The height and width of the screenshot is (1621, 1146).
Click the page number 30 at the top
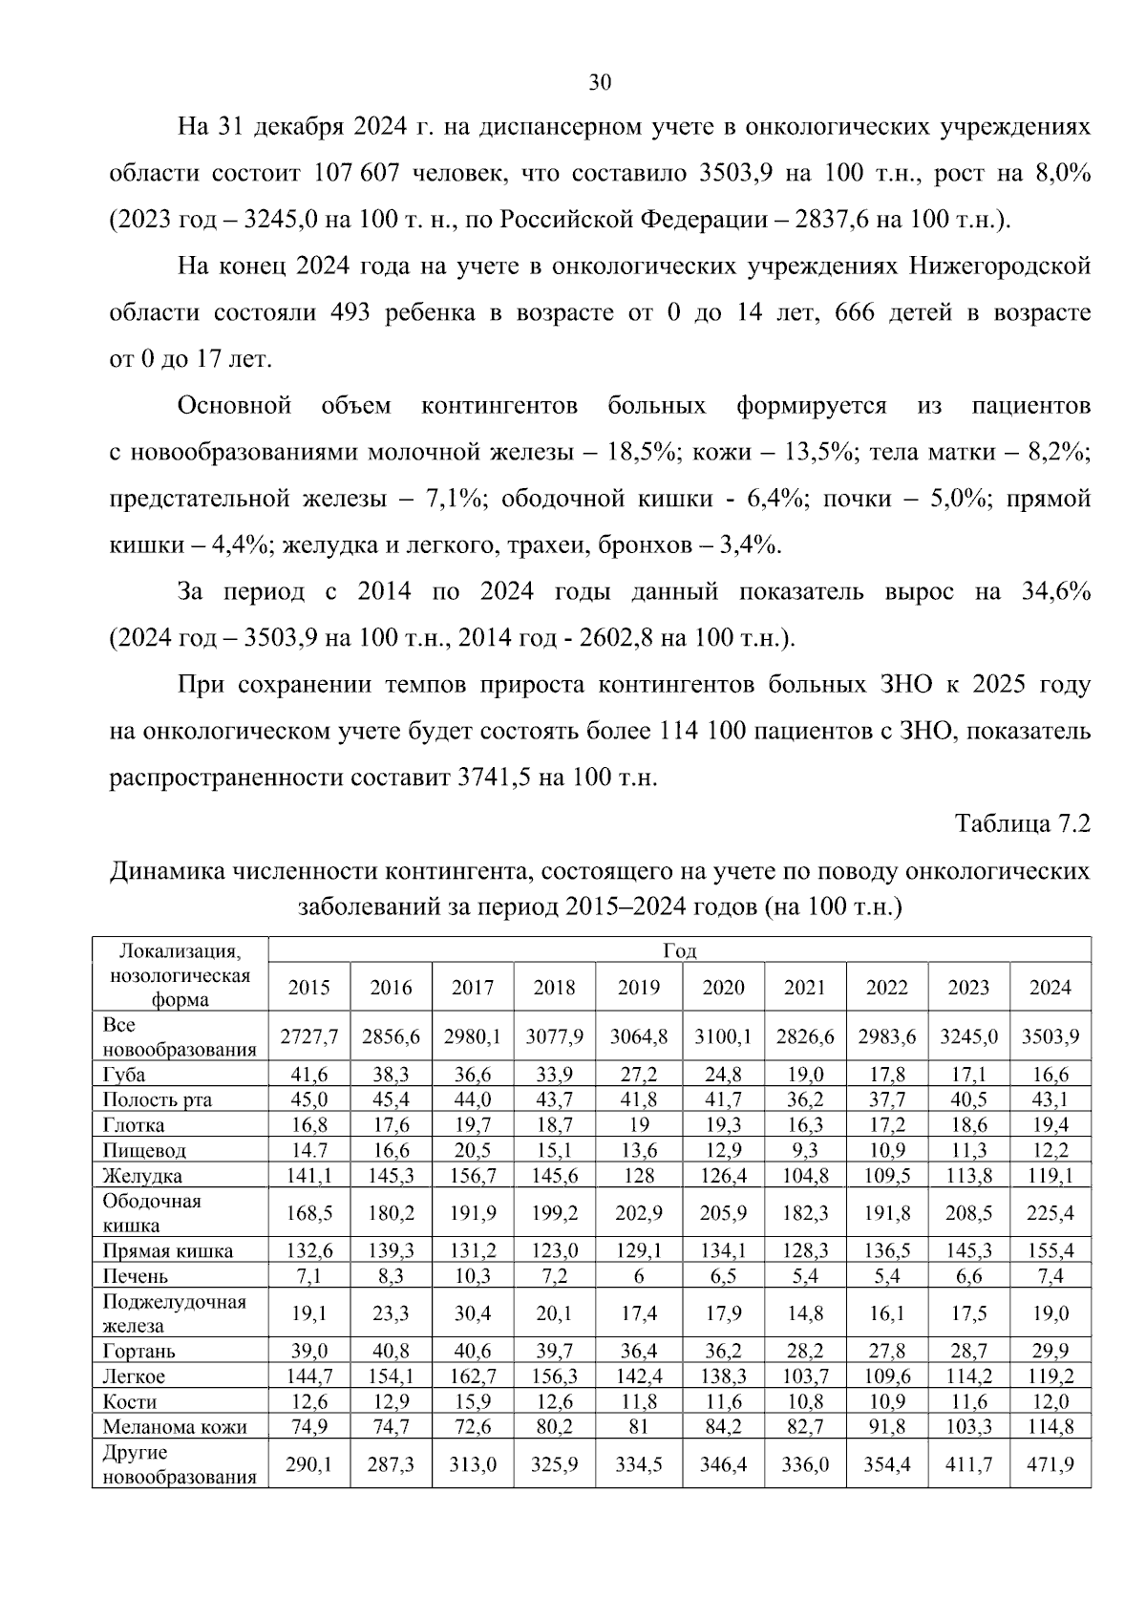coord(600,82)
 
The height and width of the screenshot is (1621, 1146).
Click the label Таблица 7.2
coord(1022,823)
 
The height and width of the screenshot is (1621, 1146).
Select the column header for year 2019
coord(638,987)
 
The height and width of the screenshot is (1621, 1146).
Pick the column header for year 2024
coord(1050,987)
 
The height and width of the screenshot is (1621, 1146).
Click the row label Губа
coord(124,1074)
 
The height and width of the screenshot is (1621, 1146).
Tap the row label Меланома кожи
coord(175,1427)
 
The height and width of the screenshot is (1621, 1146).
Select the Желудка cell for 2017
coord(473,1175)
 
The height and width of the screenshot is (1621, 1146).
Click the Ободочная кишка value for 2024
coord(1050,1213)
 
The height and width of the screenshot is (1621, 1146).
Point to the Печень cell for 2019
coord(638,1276)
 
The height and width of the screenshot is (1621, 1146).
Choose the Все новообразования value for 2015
coord(309,1036)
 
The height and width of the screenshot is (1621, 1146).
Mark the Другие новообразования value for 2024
coord(1050,1464)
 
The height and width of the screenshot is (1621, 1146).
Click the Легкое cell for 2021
coord(804,1376)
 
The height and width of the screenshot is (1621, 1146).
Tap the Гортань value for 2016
coord(391,1352)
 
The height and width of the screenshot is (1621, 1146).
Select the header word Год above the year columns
coord(679,950)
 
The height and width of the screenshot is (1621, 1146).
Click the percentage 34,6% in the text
coord(1055,592)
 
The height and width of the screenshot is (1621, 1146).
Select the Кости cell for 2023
coord(968,1402)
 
